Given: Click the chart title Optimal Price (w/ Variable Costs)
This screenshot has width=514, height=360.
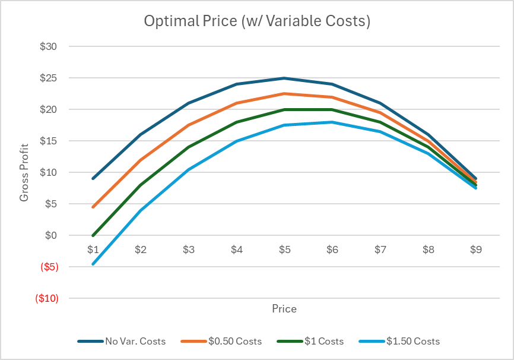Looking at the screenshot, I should pyautogui.click(x=257, y=21).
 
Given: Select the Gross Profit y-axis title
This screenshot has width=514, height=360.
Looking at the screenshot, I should pyautogui.click(x=24, y=172).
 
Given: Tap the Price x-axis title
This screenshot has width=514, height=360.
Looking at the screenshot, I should pyautogui.click(x=284, y=309).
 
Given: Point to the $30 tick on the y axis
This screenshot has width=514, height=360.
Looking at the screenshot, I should pyautogui.click(x=49, y=46).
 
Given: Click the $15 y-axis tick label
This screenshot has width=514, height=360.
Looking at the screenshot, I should pyautogui.click(x=49, y=141).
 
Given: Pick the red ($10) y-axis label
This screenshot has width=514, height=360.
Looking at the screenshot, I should pyautogui.click(x=47, y=298).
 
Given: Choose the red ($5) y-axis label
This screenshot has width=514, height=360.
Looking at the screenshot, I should pyautogui.click(x=49, y=267).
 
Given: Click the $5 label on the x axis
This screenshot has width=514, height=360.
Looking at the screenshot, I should pyautogui.click(x=284, y=250).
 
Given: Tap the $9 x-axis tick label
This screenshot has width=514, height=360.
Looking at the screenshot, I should pyautogui.click(x=476, y=250).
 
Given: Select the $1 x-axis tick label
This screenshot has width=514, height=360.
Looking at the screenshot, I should pyautogui.click(x=93, y=250).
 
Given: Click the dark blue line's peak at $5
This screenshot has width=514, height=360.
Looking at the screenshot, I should pyautogui.click(x=284, y=78).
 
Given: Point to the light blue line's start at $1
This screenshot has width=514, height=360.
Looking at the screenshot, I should pyautogui.click(x=93, y=264).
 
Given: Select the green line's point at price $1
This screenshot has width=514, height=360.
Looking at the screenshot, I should pyautogui.click(x=93, y=235).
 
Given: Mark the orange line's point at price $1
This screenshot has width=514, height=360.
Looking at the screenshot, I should pyautogui.click(x=93, y=207).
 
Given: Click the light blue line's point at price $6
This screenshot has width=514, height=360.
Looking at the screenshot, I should pyautogui.click(x=332, y=122).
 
